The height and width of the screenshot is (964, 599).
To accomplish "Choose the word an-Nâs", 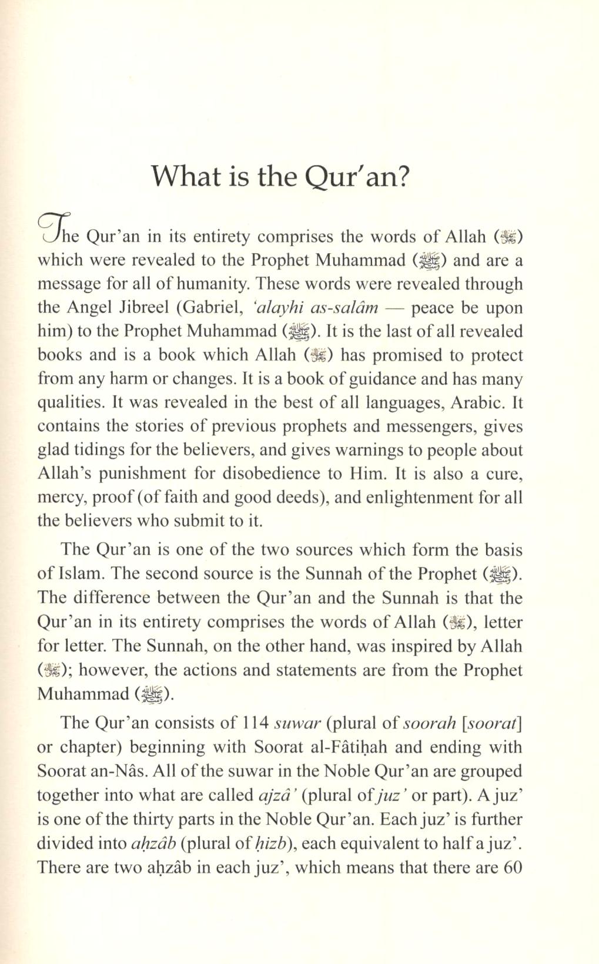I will pyautogui.click(x=112, y=771).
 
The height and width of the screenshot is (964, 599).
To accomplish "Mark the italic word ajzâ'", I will pyautogui.click(x=276, y=795).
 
